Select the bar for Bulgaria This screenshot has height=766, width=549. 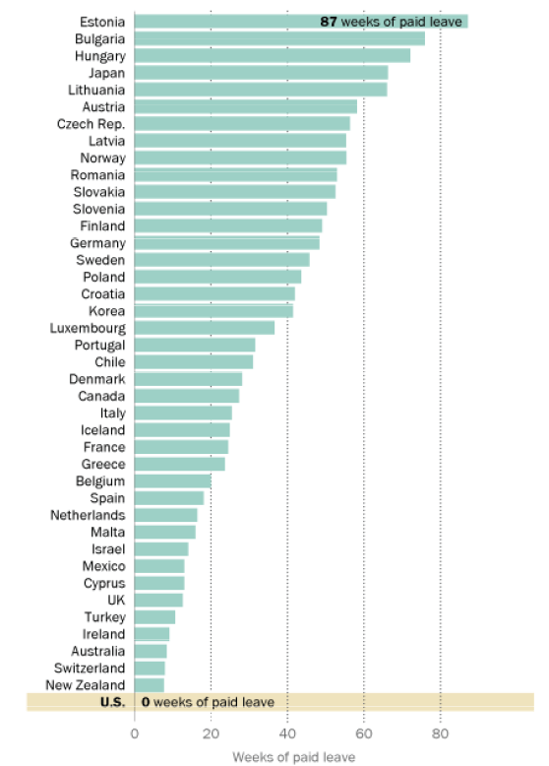click(x=279, y=38)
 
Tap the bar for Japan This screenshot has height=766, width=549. click(x=261, y=73)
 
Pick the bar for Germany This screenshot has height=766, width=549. click(x=226, y=243)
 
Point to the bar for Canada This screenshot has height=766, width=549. click(x=186, y=396)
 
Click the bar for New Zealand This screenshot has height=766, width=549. click(x=149, y=684)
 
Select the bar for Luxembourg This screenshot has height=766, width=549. click(x=205, y=328)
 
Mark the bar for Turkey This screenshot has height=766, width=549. click(x=154, y=616)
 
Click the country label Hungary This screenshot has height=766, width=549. click(x=99, y=56)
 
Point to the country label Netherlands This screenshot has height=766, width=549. click(x=88, y=515)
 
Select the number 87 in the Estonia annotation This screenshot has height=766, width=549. click(x=328, y=22)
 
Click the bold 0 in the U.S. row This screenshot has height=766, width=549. click(x=145, y=702)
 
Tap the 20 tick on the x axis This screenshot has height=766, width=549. click(x=211, y=733)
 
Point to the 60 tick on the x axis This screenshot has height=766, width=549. click(x=363, y=733)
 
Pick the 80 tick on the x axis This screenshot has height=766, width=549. click(x=440, y=733)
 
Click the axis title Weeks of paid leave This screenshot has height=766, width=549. click(x=293, y=756)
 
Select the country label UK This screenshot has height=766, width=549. click(x=116, y=600)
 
